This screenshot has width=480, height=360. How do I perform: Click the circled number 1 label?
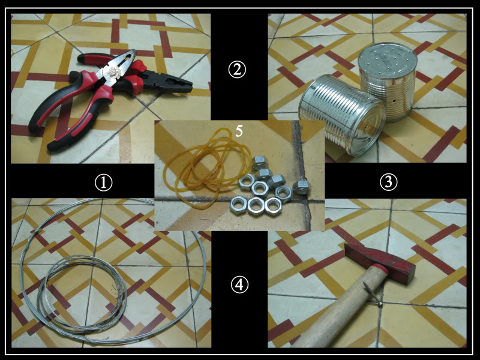point(103,182)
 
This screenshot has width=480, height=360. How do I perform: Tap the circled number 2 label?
point(237,70)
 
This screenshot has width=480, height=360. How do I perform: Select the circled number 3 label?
point(388,182)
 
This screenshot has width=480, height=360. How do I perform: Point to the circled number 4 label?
point(239,284)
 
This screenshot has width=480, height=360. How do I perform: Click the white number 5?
point(239,131)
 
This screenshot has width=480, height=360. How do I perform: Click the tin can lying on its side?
point(342,115)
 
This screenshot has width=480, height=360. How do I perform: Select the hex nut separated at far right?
point(302,187)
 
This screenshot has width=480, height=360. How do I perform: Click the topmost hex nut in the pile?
point(260,162)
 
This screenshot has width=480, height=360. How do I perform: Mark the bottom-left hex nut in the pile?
point(238,205)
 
